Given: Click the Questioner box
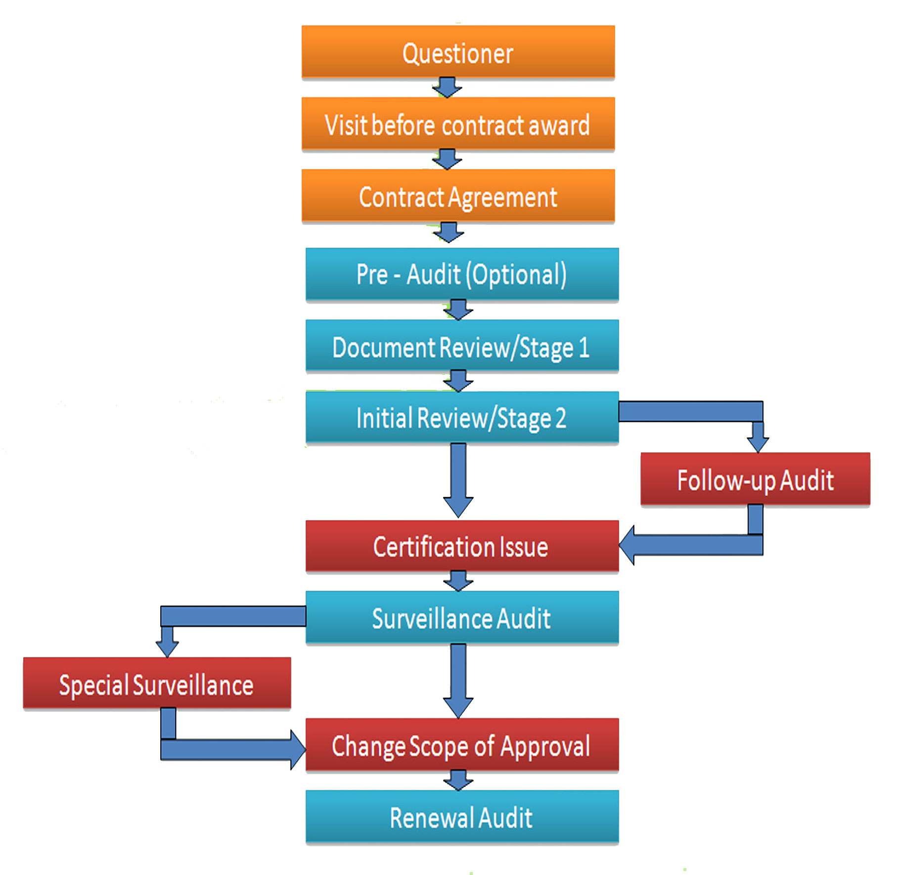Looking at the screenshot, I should tap(458, 53).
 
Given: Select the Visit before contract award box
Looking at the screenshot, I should tap(458, 125).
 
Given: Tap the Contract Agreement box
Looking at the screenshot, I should tap(458, 197).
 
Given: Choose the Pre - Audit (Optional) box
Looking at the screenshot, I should tap(462, 274).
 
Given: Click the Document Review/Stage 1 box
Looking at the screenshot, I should tap(462, 347).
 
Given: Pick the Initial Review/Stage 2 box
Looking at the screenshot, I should tap(462, 418).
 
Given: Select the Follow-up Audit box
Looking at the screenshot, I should tap(755, 480).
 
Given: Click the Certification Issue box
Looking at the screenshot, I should tap(462, 547).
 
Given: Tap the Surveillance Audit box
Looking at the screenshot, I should tap(462, 618).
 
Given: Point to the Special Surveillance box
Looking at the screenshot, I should tap(157, 684).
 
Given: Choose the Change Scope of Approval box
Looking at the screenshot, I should tap(462, 745).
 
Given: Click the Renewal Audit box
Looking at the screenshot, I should tap(462, 817).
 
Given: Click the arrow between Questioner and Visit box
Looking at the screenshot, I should tap(447, 87).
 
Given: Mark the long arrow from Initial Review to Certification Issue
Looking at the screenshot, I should tap(458, 480).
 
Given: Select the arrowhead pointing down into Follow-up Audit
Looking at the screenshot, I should tap(757, 442).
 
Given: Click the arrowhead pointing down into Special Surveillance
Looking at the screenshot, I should tap(167, 648).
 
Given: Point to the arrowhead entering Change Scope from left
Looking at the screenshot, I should tap(298, 749).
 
